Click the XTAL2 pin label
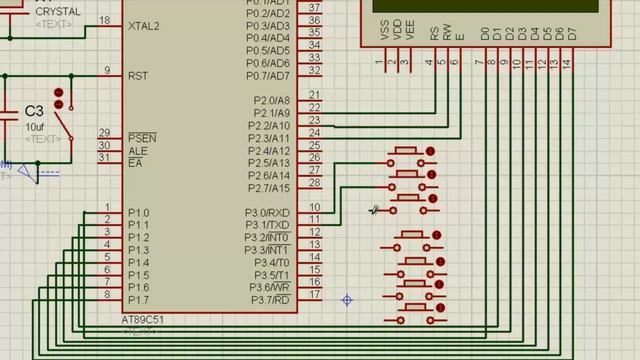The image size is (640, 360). tap(143, 25)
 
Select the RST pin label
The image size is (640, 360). tap(138, 75)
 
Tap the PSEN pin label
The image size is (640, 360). tap(142, 137)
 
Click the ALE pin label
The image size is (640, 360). tap(137, 150)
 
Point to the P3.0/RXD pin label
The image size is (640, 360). tap(268, 213)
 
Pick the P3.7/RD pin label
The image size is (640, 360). tap(270, 300)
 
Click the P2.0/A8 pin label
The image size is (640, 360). tap(271, 101)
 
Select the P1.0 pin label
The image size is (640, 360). tap(138, 213)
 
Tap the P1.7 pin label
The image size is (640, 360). tap(138, 300)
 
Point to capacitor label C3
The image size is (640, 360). tap(34, 110)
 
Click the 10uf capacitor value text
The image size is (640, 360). tap(35, 127)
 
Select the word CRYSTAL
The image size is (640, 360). tap(57, 12)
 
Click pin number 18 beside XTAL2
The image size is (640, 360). tap(105, 20)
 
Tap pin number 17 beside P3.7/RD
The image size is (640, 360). tap(314, 294)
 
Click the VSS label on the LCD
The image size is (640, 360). tap(385, 32)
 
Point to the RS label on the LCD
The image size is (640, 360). tap(434, 32)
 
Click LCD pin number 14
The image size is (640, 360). tap(567, 63)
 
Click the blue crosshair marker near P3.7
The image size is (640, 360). tap(347, 300)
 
